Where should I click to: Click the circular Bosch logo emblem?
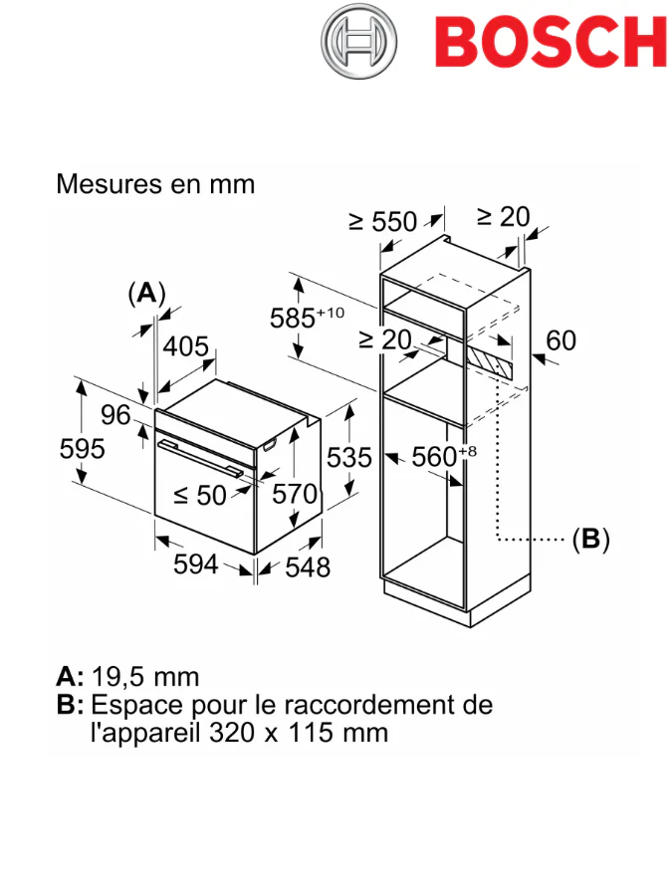(359, 41)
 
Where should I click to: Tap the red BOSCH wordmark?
(551, 42)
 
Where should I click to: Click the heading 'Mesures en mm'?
(155, 184)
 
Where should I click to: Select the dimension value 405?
(186, 347)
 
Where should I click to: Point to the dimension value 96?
(115, 415)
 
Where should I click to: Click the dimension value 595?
(82, 449)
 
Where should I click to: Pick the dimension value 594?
(195, 564)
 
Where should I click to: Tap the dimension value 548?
(308, 566)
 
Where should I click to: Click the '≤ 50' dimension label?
(200, 494)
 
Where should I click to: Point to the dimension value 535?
(349, 458)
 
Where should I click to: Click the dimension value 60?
(560, 340)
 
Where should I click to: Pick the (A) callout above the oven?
(146, 293)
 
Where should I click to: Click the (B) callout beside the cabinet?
(590, 540)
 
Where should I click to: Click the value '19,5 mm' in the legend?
(145, 677)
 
